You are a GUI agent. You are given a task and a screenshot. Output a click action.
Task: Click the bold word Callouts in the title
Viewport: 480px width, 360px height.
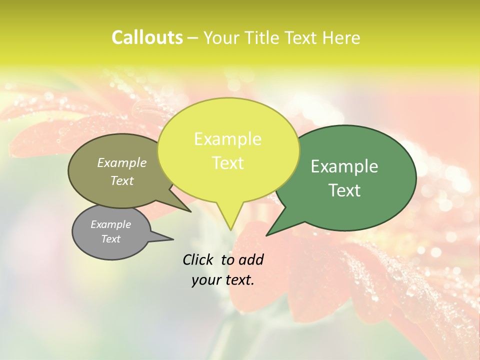point(147,37)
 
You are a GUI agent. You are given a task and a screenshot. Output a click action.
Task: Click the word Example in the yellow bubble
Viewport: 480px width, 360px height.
point(227,139)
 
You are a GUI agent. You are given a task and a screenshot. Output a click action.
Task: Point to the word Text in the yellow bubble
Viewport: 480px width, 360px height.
point(227,163)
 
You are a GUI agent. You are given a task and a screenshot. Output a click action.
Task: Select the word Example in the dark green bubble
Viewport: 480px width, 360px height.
point(344,166)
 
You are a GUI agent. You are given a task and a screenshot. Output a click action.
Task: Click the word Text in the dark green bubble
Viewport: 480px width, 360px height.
point(344,190)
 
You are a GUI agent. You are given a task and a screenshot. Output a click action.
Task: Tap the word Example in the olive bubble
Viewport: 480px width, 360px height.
point(122,162)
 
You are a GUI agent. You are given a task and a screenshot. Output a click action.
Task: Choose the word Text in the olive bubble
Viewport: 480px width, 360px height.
point(122,180)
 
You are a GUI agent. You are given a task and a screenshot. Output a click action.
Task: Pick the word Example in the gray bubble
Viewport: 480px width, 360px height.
point(111,224)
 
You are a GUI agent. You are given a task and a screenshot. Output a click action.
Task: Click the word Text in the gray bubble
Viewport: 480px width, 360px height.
point(111,239)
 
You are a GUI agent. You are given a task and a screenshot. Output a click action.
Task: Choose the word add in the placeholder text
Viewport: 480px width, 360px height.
point(251,259)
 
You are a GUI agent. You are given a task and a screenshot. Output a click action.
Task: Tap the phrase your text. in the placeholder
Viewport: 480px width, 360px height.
point(223,280)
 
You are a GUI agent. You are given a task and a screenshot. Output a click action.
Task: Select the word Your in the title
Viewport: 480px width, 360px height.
point(219,37)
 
